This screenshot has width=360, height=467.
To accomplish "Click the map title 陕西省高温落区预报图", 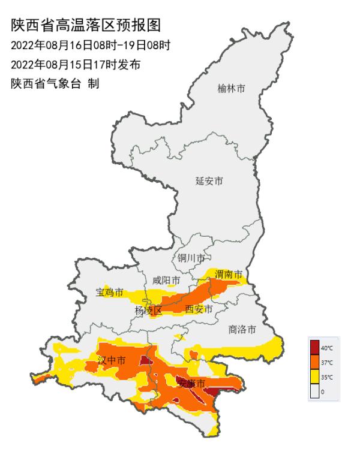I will click(86, 25).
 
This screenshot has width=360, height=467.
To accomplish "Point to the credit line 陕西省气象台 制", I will click(55, 84).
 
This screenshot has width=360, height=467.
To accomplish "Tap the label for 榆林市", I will click(231, 89).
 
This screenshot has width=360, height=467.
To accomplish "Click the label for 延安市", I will click(209, 181).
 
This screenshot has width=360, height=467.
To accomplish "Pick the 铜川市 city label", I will click(191, 258).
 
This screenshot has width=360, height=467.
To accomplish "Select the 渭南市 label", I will click(229, 275).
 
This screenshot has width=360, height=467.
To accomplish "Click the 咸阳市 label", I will click(166, 281).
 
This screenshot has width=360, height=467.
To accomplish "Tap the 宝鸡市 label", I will click(110, 293).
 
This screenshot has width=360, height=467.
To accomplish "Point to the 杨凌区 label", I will click(148, 310).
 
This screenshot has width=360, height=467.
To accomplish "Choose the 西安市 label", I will click(199, 309).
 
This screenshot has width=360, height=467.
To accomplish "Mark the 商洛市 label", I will click(242, 329).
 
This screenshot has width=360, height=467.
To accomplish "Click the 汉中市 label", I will click(112, 361).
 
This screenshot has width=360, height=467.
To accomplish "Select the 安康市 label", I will click(192, 383).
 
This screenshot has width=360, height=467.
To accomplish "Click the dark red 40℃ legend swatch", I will click(314, 347).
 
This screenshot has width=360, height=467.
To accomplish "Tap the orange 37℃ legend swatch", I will click(314, 362).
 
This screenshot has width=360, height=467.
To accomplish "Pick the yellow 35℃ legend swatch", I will click(314, 377).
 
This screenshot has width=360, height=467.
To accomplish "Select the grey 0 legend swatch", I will click(314, 391).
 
